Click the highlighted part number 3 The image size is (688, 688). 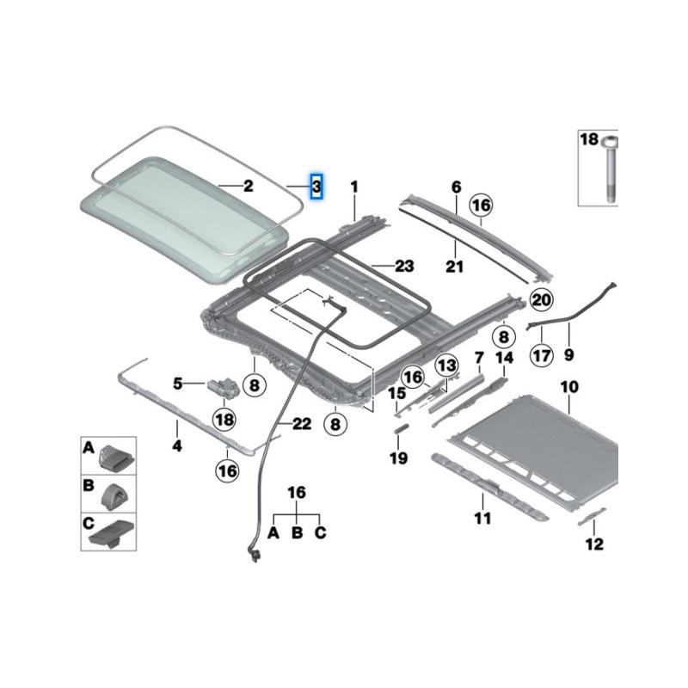point(316,187)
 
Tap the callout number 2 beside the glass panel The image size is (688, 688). point(249,186)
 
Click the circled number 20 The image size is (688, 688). point(542,299)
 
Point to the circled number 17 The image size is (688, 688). point(542,355)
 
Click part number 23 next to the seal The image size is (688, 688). point(404,266)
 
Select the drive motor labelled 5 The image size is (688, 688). point(224,387)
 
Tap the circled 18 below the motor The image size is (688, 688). point(224,420)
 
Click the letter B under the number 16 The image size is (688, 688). point(297,532)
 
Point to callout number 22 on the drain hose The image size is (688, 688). point(302,424)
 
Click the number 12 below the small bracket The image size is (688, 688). point(594,544)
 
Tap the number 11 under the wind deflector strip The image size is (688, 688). point(482,519)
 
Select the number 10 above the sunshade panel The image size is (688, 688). point(569,387)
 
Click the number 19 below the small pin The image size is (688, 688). point(398,458)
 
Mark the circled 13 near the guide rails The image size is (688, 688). point(446,365)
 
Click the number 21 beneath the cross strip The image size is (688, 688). point(455,266)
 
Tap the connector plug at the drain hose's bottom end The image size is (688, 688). point(253,554)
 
